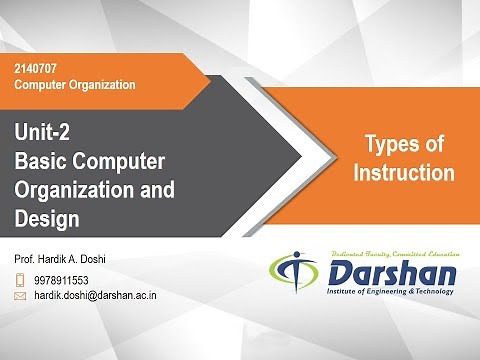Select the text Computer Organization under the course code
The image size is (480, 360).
click(x=74, y=84)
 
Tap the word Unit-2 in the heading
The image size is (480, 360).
click(x=44, y=131)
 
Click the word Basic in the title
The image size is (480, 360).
click(x=42, y=160)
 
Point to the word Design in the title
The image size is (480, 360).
click(x=48, y=216)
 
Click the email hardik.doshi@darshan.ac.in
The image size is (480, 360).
click(x=95, y=296)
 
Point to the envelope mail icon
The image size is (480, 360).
click(x=20, y=296)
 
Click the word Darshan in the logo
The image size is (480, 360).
click(x=393, y=273)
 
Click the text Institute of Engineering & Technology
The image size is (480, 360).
click(x=392, y=292)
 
